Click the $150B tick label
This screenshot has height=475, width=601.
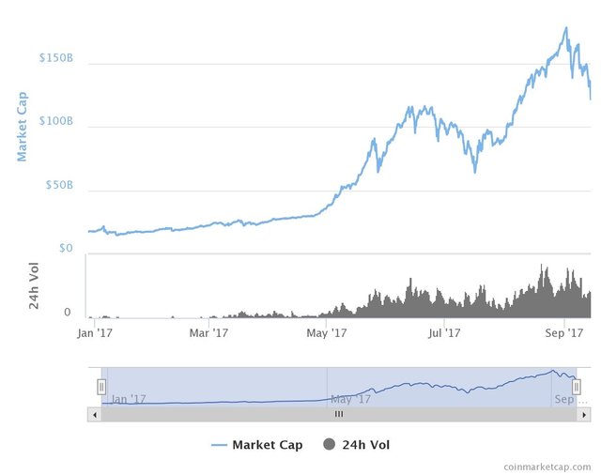[55, 58]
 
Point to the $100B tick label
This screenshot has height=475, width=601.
[55, 121]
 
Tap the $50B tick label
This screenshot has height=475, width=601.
[58, 185]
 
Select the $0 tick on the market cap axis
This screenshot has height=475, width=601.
[66, 248]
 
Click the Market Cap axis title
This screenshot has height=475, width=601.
[23, 126]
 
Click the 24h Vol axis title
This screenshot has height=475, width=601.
[35, 285]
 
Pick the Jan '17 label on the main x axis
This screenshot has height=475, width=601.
[95, 332]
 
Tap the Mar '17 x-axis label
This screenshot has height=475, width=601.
[209, 332]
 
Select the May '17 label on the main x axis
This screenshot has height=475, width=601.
[327, 332]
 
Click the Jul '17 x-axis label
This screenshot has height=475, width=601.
[444, 332]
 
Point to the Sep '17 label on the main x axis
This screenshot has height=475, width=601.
[562, 332]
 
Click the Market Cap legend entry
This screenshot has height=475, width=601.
[257, 445]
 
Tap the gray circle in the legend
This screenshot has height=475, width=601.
[330, 445]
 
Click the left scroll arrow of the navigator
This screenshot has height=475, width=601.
[93, 413]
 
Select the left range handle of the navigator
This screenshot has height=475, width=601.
[101, 387]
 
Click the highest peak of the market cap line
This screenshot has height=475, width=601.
[565, 28]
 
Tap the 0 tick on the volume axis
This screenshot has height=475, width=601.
[68, 313]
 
